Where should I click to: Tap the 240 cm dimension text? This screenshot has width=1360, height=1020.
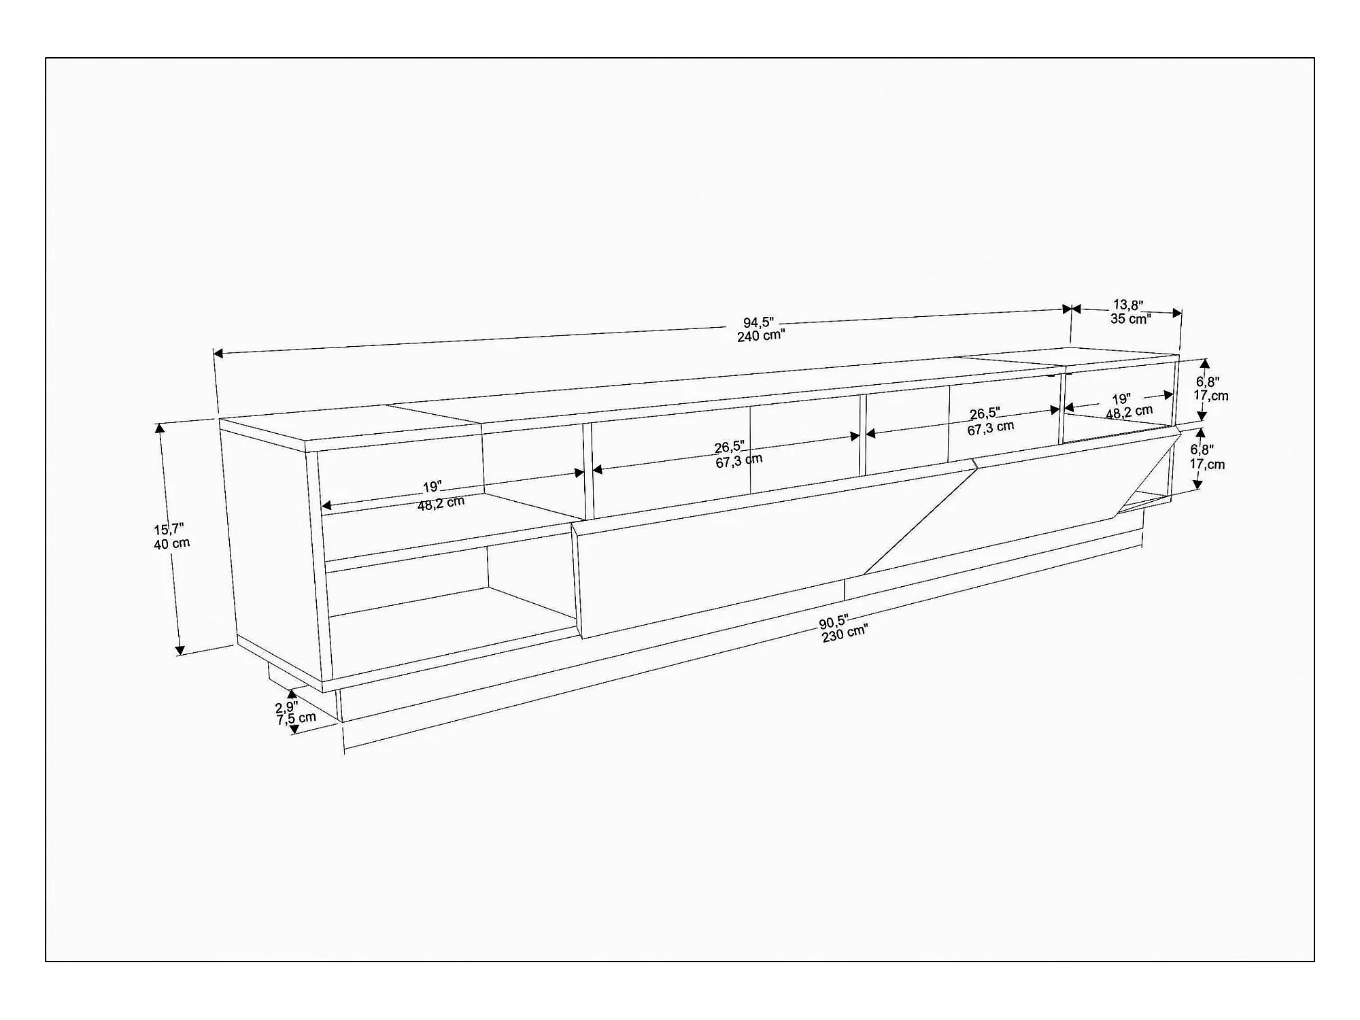pyautogui.click(x=761, y=336)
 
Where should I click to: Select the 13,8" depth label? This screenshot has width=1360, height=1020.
pyautogui.click(x=1128, y=305)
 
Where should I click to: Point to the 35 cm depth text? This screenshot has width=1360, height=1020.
pyautogui.click(x=1131, y=318)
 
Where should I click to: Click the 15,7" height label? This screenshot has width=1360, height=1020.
pyautogui.click(x=169, y=530)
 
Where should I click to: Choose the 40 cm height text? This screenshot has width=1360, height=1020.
pyautogui.click(x=172, y=544)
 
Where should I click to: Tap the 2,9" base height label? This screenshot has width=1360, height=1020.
pyautogui.click(x=286, y=707)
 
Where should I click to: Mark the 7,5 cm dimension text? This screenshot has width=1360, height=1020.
pyautogui.click(x=296, y=719)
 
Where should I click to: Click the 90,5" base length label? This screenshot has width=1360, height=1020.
pyautogui.click(x=834, y=622)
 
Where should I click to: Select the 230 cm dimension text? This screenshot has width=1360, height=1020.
pyautogui.click(x=845, y=634)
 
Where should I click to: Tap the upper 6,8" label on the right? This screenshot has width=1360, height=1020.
pyautogui.click(x=1208, y=382)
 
